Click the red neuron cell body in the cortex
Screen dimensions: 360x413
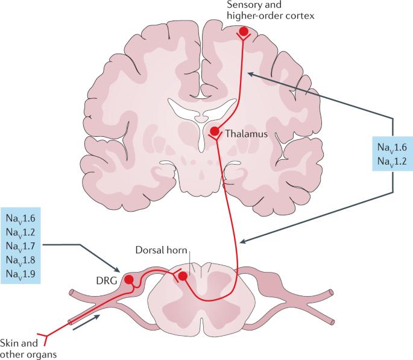(x=244, y=31)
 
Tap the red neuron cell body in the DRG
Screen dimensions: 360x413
(x=129, y=279)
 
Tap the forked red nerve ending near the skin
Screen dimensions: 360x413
(x=42, y=334)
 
